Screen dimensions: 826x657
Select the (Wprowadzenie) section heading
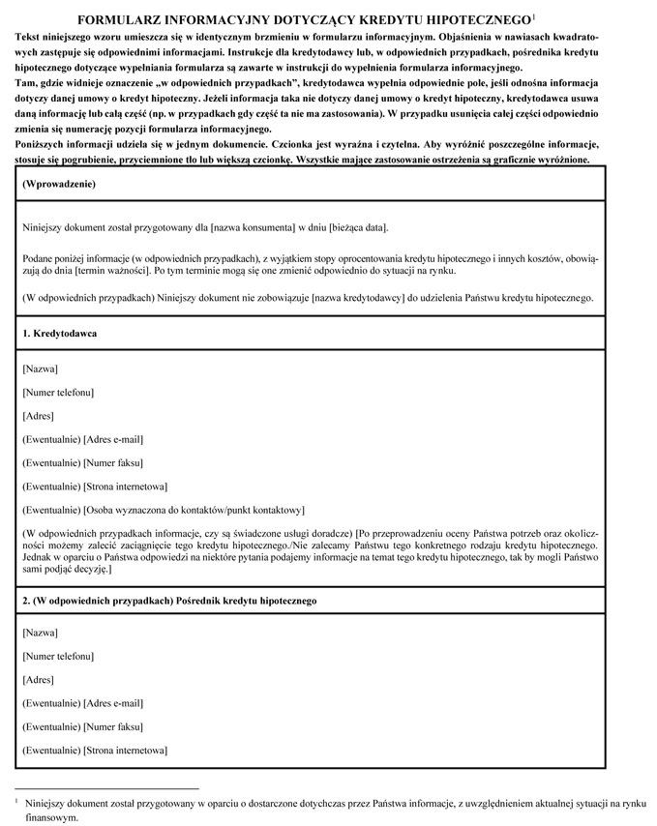click(x=59, y=183)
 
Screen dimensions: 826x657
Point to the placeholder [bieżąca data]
click(x=358, y=227)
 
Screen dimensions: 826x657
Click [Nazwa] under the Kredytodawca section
click(x=40, y=369)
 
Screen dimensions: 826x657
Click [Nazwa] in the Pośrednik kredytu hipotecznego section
click(x=40, y=633)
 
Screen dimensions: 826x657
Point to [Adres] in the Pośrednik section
click(x=38, y=680)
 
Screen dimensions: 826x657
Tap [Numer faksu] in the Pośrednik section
click(x=113, y=726)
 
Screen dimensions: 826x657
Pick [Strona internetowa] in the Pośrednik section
click(x=125, y=751)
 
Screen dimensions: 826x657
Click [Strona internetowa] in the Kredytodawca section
click(x=125, y=486)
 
